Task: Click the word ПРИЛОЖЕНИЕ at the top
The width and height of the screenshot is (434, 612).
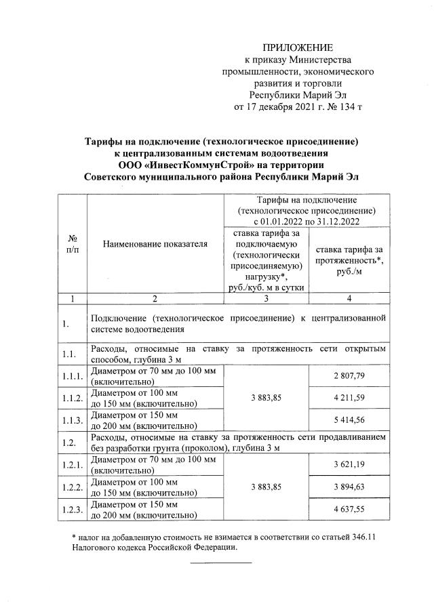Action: click(298, 47)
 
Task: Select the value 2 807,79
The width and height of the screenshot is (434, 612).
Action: click(348, 375)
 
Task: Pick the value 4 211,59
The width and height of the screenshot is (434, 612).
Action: click(348, 398)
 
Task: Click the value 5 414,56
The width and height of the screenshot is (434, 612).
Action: click(348, 421)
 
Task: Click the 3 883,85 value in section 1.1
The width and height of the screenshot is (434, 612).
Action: click(266, 398)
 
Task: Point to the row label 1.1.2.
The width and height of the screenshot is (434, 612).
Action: click(73, 399)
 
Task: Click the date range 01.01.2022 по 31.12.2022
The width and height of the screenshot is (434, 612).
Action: click(307, 221)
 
